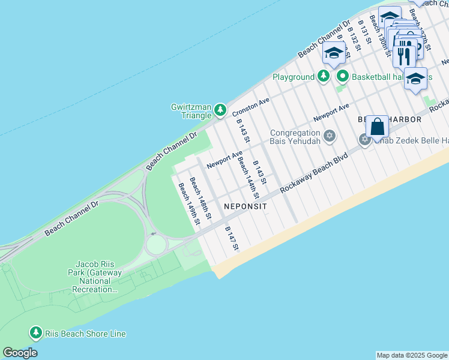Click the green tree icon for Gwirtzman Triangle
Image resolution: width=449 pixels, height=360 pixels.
click(x=220, y=109)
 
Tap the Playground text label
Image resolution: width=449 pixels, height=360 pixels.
click(x=294, y=77)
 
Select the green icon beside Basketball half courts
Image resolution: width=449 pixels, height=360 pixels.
click(x=343, y=76)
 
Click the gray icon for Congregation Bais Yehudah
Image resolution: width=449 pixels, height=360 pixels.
click(x=328, y=136)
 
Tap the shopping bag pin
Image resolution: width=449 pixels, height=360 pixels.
click(x=377, y=127)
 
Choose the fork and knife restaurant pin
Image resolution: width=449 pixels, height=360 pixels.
click(x=404, y=56)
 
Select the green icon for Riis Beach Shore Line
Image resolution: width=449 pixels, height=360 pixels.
click(x=35, y=332)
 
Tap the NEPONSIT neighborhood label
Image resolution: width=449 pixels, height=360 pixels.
click(x=245, y=206)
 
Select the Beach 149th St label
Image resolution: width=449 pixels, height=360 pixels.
click(x=188, y=203)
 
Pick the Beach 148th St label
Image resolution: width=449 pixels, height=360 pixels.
click(x=200, y=197)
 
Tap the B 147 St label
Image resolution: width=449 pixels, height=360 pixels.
click(x=232, y=238)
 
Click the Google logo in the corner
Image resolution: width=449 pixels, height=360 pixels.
click(x=20, y=353)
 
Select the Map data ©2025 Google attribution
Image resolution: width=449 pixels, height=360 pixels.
click(x=412, y=355)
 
